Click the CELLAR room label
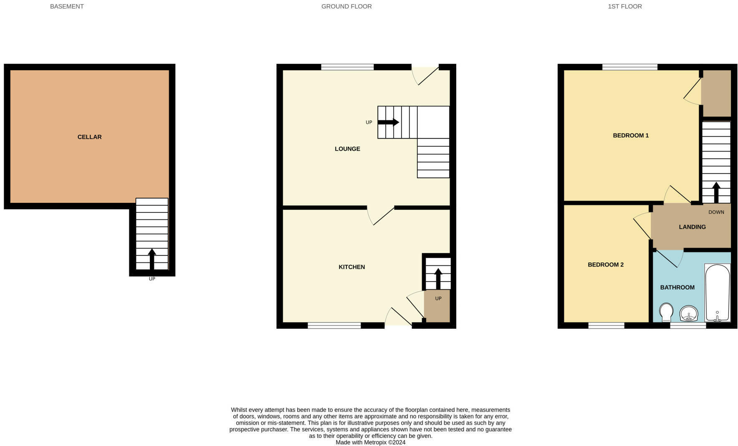(89, 137)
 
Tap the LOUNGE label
(347, 149)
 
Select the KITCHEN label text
(351, 267)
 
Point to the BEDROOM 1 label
(630, 136)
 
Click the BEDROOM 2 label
(605, 265)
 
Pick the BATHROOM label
(677, 287)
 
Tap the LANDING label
(692, 227)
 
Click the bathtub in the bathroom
(717, 293)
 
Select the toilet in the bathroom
(666, 312)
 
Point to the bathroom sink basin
(689, 313)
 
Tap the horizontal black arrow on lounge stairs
(388, 122)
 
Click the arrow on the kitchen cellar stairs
(438, 279)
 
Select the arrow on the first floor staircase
(716, 192)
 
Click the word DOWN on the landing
(716, 212)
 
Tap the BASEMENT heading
(67, 7)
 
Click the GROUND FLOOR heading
(346, 7)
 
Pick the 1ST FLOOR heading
(624, 7)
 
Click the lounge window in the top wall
(347, 67)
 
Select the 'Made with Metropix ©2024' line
(370, 442)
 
